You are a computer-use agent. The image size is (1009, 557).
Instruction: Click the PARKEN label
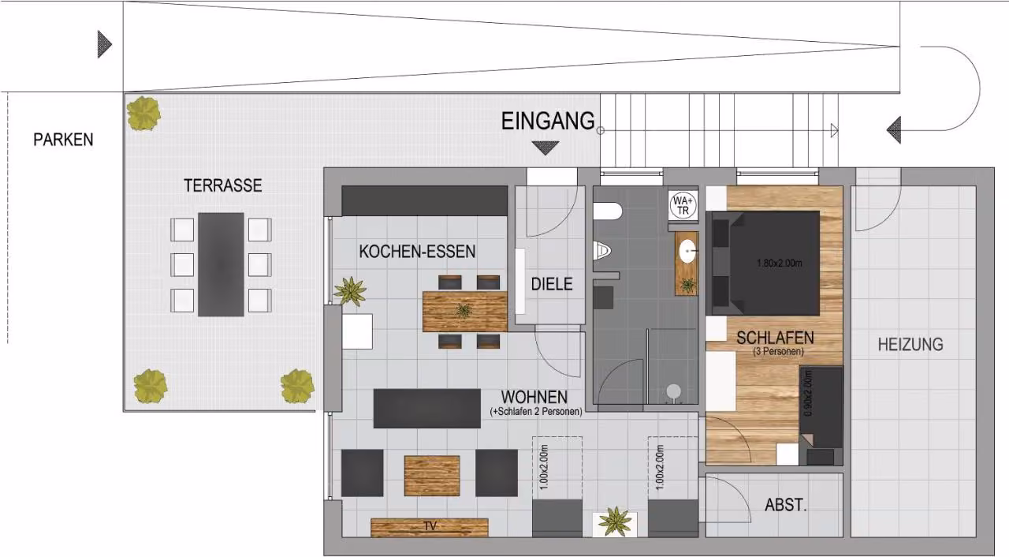(x=63, y=140)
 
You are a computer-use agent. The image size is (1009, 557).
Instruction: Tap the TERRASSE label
(x=222, y=185)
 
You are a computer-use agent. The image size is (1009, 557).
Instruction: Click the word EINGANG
(x=548, y=121)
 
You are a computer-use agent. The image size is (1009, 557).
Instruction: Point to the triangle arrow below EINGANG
(x=545, y=148)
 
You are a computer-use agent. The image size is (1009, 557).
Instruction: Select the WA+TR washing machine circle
(x=683, y=205)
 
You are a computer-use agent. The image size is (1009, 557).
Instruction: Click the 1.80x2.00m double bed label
(x=780, y=264)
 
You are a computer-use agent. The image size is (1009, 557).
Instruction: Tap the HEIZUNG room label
(x=910, y=345)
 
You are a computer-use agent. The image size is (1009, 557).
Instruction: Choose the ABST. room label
(x=786, y=505)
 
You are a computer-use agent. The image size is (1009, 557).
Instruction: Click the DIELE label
(x=552, y=284)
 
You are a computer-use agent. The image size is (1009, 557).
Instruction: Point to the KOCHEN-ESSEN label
(x=417, y=252)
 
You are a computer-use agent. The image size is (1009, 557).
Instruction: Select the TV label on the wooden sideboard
(x=430, y=526)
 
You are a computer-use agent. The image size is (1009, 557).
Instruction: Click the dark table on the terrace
(x=221, y=264)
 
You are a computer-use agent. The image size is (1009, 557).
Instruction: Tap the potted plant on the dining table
(x=464, y=311)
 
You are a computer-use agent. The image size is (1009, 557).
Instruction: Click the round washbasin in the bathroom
(x=687, y=251)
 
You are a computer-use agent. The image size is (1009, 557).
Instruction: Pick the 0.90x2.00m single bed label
(x=808, y=394)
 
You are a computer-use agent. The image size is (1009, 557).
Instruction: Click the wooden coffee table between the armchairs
(x=432, y=476)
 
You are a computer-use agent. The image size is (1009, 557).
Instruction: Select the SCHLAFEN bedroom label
(x=775, y=338)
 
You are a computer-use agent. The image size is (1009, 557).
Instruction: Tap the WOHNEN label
(x=534, y=397)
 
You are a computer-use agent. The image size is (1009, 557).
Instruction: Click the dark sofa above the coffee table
(x=427, y=409)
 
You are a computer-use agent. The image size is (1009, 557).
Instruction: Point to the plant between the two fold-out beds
(x=615, y=521)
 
